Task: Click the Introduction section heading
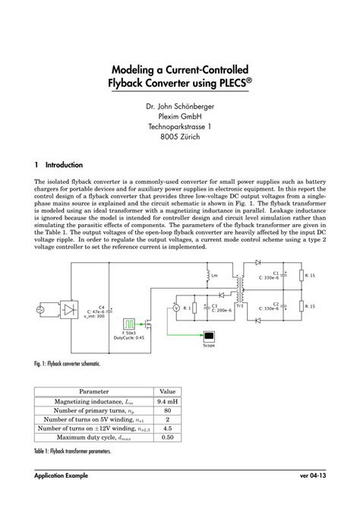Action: (69, 164)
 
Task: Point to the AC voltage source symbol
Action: (40, 309)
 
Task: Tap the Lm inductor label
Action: (213, 276)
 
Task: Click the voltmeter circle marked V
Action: (175, 308)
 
